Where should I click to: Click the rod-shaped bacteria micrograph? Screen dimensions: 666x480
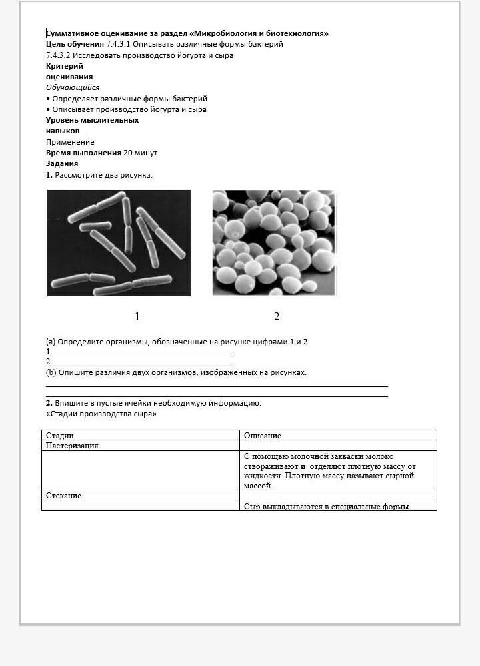tap(119, 243)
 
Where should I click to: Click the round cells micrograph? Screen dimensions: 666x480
tap(275, 243)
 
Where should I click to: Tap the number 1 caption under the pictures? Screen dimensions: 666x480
tap(137, 316)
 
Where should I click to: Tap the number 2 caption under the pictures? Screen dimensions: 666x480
tap(277, 316)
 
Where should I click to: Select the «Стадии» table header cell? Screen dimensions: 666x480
tap(60, 436)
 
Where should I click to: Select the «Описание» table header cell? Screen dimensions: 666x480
tap(263, 436)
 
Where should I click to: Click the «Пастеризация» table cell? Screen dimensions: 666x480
tap(72, 446)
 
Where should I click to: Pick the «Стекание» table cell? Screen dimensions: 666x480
tap(64, 496)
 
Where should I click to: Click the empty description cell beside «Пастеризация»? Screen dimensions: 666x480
tap(338, 446)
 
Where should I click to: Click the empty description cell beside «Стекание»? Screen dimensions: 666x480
tap(338, 496)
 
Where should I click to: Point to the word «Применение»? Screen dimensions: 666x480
tap(70, 142)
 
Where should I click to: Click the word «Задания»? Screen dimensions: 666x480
tap(62, 163)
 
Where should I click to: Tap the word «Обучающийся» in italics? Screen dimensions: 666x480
tap(73, 87)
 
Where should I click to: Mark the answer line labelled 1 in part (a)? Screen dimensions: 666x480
tap(141, 353)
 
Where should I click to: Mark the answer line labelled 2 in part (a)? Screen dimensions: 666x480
tap(141, 363)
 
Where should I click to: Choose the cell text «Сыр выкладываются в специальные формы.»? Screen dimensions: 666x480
tap(327, 506)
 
